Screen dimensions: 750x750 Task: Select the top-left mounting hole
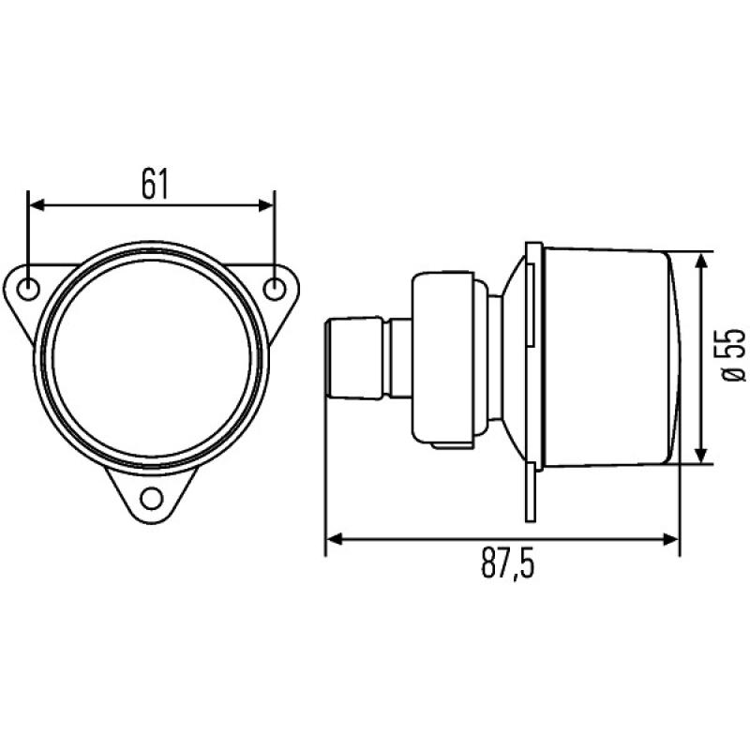(x=29, y=287)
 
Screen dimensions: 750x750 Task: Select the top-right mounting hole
(x=275, y=288)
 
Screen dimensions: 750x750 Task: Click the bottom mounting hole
(x=152, y=498)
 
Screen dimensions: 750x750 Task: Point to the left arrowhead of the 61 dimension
(x=37, y=202)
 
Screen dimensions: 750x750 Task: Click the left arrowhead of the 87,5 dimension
(x=334, y=539)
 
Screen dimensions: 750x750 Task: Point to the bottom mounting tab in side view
(x=530, y=492)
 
